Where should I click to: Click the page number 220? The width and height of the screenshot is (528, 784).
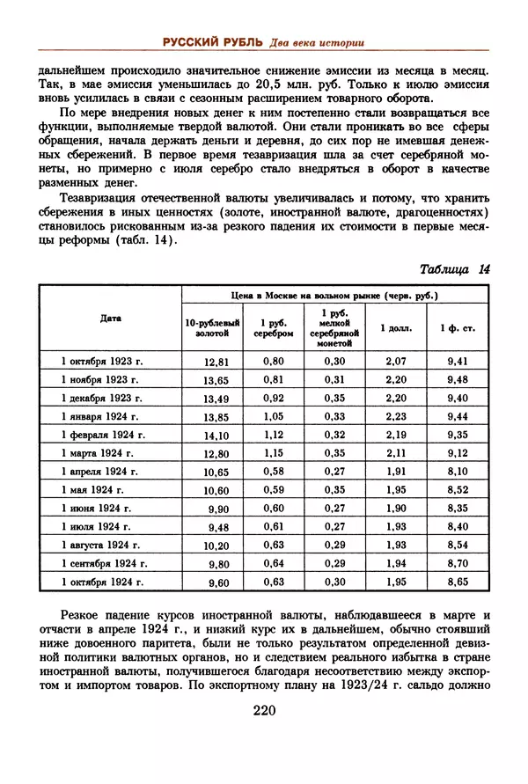[x=264, y=712]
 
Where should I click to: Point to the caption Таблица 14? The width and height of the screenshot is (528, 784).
[x=454, y=269]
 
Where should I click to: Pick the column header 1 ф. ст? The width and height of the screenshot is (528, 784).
[x=458, y=328]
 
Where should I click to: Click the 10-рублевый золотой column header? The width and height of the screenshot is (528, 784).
[x=208, y=328]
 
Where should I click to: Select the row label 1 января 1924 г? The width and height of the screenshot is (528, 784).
[x=101, y=415]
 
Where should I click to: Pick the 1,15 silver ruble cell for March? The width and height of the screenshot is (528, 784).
[x=274, y=452]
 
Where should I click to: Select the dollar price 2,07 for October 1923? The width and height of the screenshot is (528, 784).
[x=396, y=361]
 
